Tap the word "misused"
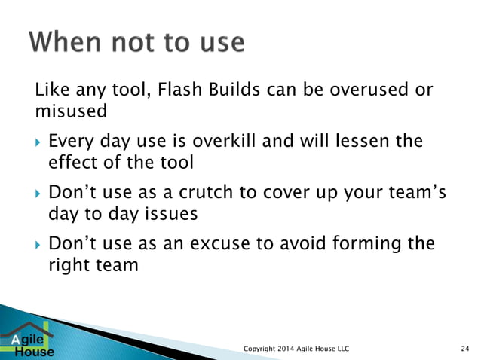[x=71, y=111]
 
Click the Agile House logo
[x=29, y=341]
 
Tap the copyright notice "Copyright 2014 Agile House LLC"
[x=297, y=347]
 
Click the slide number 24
[x=464, y=347]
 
